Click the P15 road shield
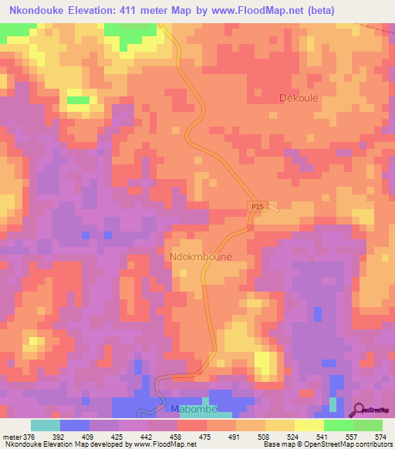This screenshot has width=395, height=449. pos(258,207)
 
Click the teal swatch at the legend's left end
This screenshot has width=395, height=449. pos(45,425)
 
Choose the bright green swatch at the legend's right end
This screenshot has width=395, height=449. pos(367,425)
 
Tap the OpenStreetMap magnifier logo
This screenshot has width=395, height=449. pos(358,410)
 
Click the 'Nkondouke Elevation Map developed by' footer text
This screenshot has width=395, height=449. pos(58,444)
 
